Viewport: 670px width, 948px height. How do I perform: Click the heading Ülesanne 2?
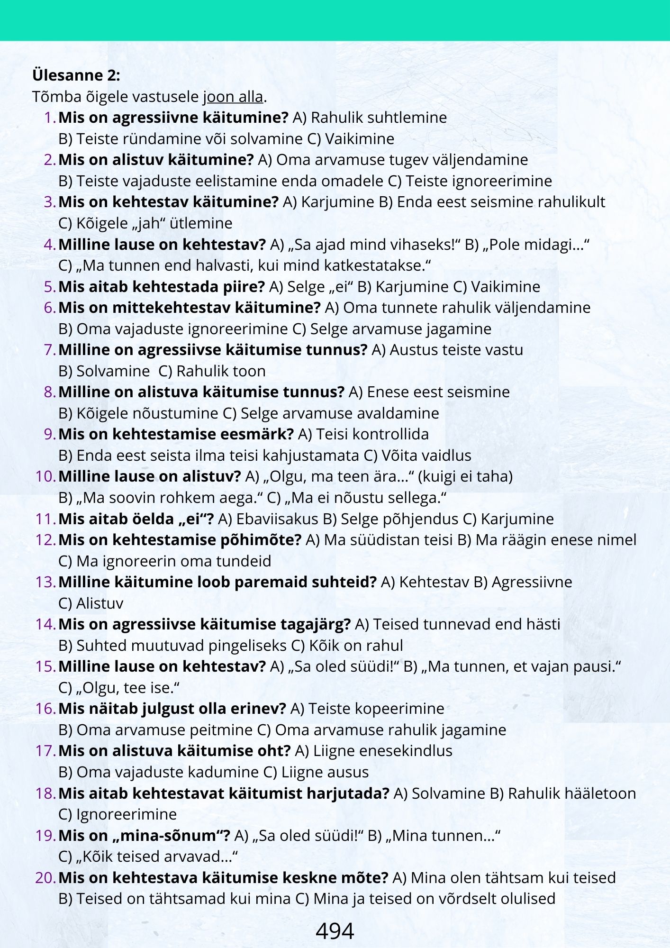tap(76, 75)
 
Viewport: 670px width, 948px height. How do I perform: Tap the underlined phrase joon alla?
tap(233, 97)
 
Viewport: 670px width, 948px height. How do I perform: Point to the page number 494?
tap(335, 931)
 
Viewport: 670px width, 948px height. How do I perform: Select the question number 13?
tap(46, 582)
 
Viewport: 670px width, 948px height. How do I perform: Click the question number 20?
tap(46, 878)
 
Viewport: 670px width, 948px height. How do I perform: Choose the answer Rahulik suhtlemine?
tap(379, 118)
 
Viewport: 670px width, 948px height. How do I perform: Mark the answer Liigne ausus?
tap(325, 772)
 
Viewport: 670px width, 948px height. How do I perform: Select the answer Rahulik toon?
tap(221, 371)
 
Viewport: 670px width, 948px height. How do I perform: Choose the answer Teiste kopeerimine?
tap(376, 709)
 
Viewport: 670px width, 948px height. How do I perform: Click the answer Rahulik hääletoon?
tap(572, 793)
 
